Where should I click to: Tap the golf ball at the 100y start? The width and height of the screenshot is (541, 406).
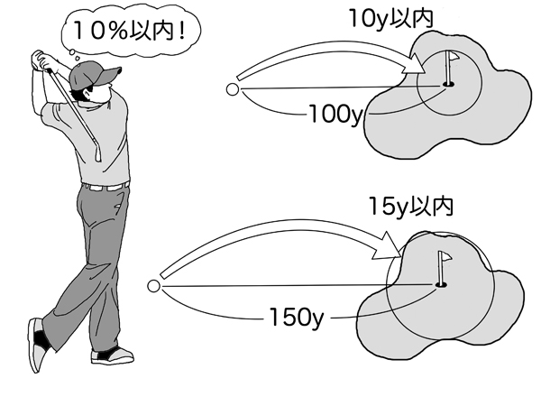[232, 89]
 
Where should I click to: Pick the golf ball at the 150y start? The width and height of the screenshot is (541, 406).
[153, 287]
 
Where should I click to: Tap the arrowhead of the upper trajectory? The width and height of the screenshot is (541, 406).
[413, 65]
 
